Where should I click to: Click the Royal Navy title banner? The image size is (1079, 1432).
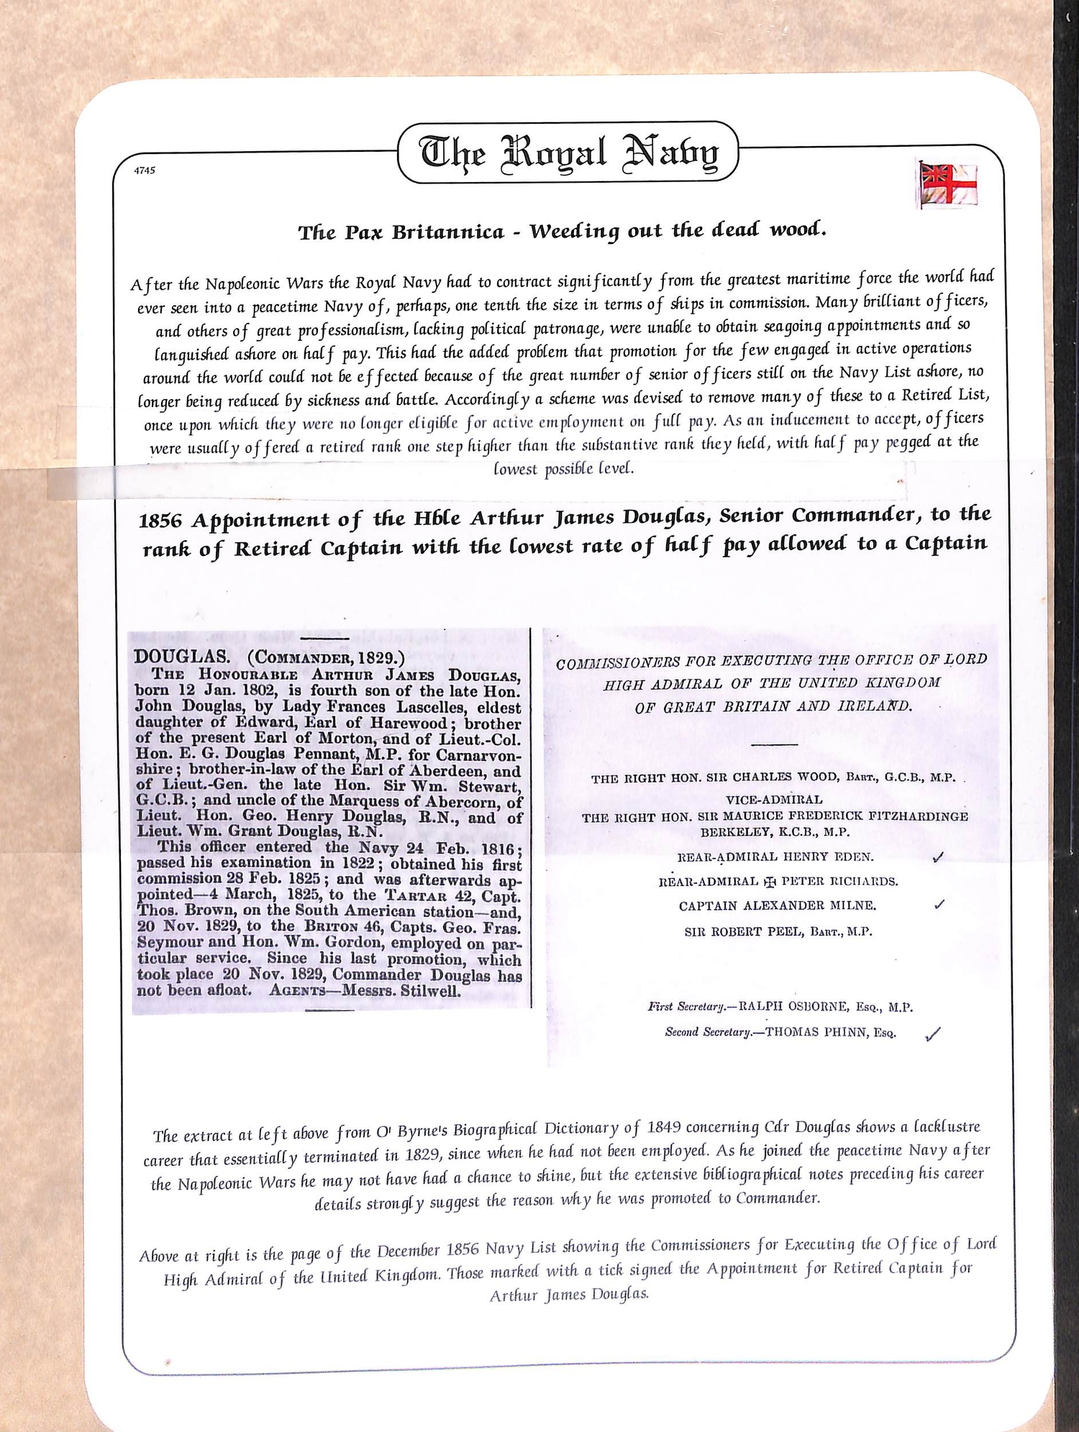tap(568, 152)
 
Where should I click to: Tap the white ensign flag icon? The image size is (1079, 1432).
tap(947, 184)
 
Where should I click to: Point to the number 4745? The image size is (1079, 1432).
tap(145, 170)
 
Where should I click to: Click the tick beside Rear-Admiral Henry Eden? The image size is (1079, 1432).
tap(937, 857)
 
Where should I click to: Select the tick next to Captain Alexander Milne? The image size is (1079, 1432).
tap(939, 905)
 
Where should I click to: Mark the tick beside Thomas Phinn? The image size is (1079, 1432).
tap(933, 1034)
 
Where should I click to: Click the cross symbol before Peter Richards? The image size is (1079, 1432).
tap(770, 881)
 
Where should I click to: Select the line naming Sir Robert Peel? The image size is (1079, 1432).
tap(778, 931)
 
